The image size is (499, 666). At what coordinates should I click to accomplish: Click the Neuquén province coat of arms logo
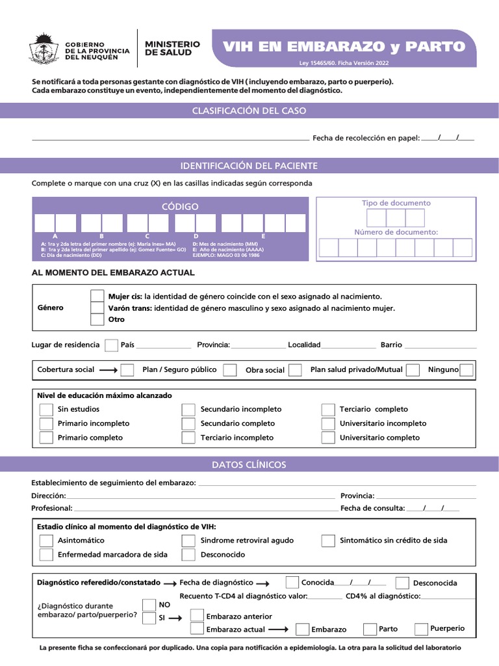pyautogui.click(x=44, y=48)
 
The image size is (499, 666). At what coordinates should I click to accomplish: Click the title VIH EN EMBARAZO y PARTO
pyautogui.click(x=344, y=46)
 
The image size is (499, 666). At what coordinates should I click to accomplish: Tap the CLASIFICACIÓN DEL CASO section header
pyautogui.click(x=249, y=111)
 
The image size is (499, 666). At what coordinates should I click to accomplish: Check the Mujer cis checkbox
pyautogui.click(x=97, y=296)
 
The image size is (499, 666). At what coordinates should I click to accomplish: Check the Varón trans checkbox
pyautogui.click(x=97, y=308)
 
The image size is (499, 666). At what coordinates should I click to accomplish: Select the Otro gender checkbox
pyautogui.click(x=97, y=319)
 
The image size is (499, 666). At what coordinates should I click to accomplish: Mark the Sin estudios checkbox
pyautogui.click(x=46, y=409)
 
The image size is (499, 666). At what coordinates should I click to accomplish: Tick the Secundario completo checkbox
pyautogui.click(x=188, y=423)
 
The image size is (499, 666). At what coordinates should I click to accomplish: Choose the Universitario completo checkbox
pyautogui.click(x=328, y=438)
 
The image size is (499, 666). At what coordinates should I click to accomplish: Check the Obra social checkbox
pyautogui.click(x=295, y=370)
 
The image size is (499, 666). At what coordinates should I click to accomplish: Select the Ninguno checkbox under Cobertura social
pyautogui.click(x=467, y=370)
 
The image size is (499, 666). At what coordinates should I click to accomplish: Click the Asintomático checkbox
pyautogui.click(x=46, y=540)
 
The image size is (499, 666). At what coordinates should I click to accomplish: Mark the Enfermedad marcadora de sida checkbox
pyautogui.click(x=46, y=555)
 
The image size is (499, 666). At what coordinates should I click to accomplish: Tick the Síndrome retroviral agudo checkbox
pyautogui.click(x=188, y=540)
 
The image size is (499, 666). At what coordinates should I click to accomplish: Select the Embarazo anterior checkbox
pyautogui.click(x=197, y=615)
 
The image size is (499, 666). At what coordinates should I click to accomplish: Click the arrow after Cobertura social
pyautogui.click(x=108, y=370)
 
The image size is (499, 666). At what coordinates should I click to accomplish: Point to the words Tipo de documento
pyautogui.click(x=396, y=204)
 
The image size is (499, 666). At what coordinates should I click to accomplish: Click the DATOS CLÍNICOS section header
pyautogui.click(x=249, y=464)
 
